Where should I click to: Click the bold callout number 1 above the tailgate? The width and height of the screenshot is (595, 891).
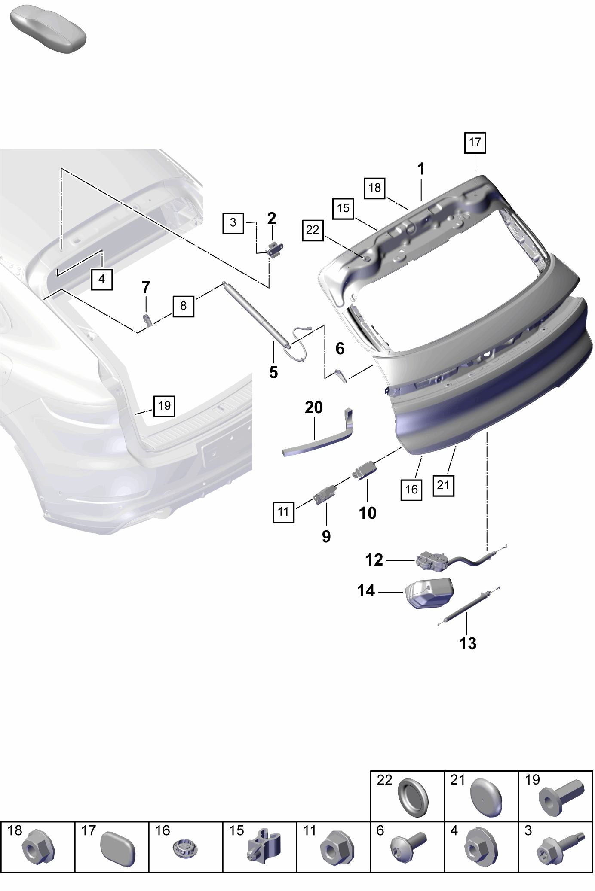pos(421,169)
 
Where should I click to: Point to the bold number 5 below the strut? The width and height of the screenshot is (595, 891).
pos(273,372)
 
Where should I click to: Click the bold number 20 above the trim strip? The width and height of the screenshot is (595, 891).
pos(314,407)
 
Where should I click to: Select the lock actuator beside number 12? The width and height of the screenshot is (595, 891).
pos(433,561)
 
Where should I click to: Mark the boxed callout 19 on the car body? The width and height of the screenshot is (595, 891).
pos(164,406)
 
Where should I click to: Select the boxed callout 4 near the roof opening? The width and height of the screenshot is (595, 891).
pos(102,280)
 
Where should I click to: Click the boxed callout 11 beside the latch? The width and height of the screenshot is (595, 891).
pos(284,512)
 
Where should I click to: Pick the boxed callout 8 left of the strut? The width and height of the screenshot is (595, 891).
pos(184,306)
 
